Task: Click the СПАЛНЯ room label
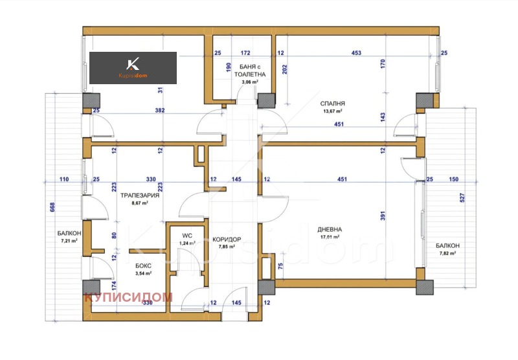(x=332, y=103)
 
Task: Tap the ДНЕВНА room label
(x=330, y=229)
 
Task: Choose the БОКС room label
(x=143, y=266)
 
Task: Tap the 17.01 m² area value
(x=330, y=237)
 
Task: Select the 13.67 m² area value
(x=332, y=111)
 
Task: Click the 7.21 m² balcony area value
(x=66, y=240)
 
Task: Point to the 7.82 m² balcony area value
(x=447, y=253)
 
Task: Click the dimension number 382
(x=160, y=110)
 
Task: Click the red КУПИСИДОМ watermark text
(x=128, y=297)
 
